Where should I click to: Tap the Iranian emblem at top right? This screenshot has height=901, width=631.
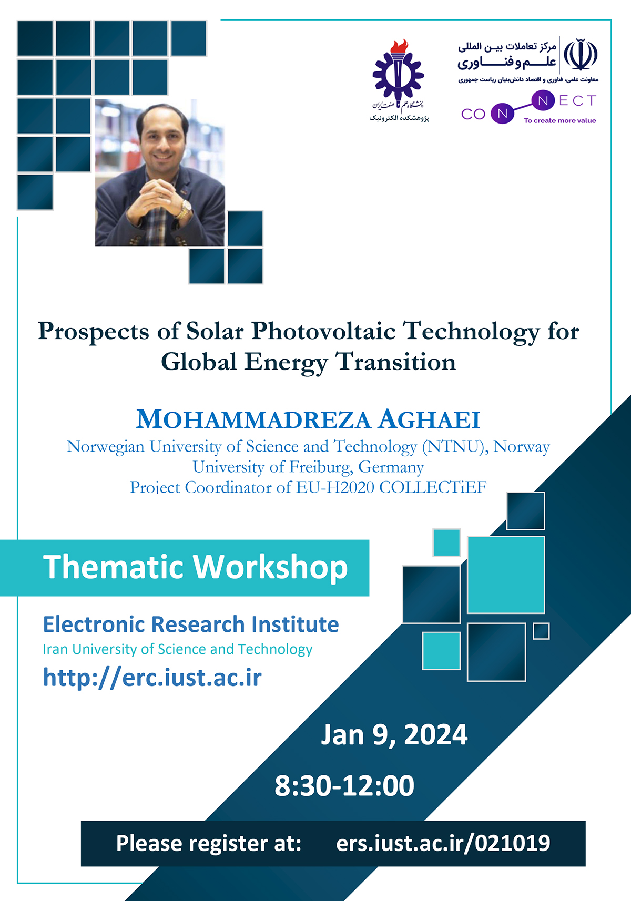[x=581, y=55]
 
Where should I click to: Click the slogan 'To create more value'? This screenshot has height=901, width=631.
[x=560, y=121]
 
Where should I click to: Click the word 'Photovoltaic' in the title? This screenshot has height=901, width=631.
[x=323, y=332]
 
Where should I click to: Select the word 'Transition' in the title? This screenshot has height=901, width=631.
[x=396, y=362]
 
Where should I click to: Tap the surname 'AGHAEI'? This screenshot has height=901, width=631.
[x=429, y=419]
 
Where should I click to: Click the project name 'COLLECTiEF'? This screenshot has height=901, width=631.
[x=433, y=487]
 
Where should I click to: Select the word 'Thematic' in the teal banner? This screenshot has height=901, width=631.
[x=114, y=567]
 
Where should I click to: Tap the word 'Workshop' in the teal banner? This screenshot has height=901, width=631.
[x=271, y=568]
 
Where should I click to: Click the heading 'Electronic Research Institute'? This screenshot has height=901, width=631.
[x=191, y=624]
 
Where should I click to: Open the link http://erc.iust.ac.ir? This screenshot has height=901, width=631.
[x=152, y=678]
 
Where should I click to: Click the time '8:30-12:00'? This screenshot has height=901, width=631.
[x=344, y=785]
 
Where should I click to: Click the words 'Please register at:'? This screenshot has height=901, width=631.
[x=209, y=843]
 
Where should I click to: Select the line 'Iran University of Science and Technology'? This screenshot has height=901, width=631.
[x=178, y=649]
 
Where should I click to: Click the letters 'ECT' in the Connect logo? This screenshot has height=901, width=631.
[x=577, y=100]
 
